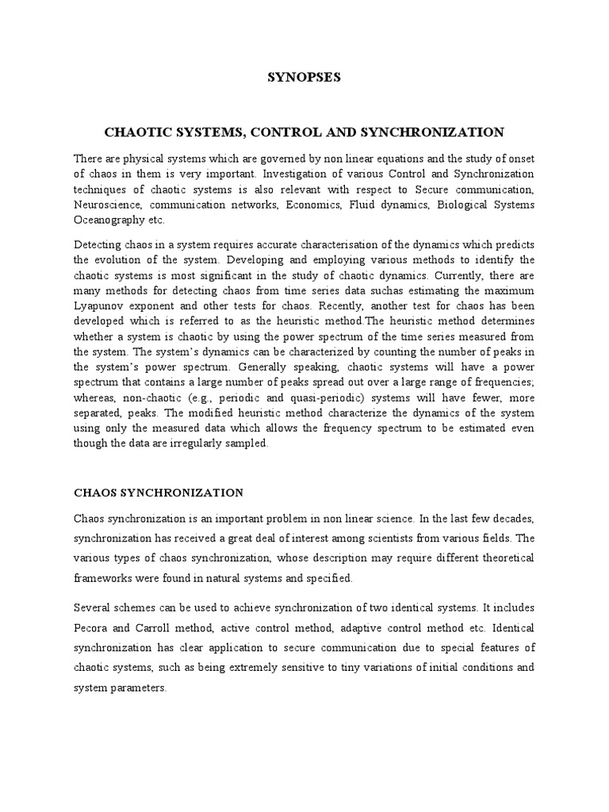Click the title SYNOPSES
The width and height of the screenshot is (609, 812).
[x=304, y=77]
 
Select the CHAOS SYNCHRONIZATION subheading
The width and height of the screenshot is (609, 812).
[x=159, y=492]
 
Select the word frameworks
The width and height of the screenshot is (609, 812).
[x=104, y=579]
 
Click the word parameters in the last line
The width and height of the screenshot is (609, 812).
[x=139, y=688]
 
